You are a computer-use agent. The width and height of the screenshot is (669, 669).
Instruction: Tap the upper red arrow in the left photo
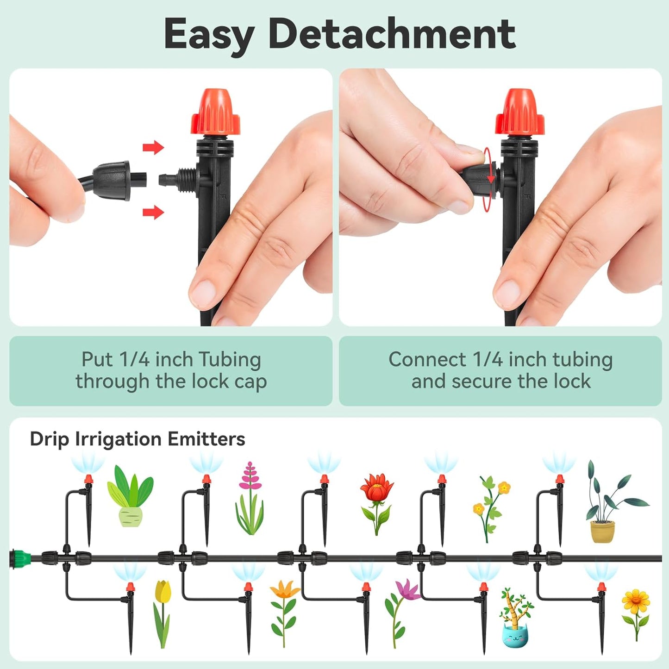coord(153,148)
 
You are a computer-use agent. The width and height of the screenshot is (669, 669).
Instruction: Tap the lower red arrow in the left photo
coord(153,213)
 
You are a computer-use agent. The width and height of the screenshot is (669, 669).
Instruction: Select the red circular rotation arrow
coord(488,179)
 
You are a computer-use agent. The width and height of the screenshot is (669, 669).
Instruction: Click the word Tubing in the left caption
coord(230,359)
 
